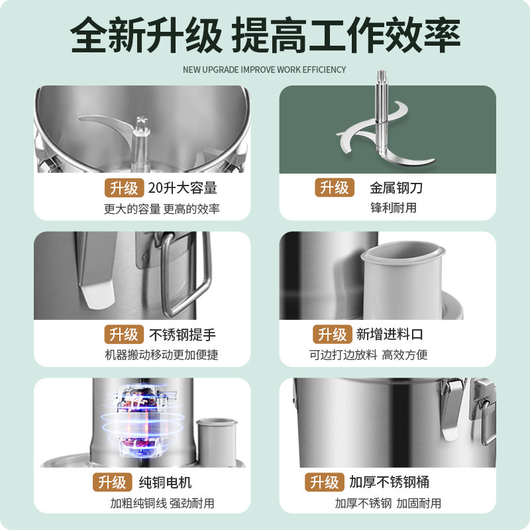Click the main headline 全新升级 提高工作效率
pyautogui.click(x=265, y=34)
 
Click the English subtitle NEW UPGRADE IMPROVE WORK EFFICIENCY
pyautogui.click(x=264, y=70)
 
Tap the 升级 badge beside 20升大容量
pyautogui.click(x=123, y=188)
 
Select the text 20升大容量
pyautogui.click(x=183, y=188)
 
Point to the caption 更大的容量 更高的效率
pyautogui.click(x=162, y=209)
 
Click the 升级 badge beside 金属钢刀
pyautogui.click(x=335, y=188)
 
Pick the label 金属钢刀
pyautogui.click(x=396, y=188)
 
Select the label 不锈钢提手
pyautogui.click(x=183, y=335)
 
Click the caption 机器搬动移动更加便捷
pyautogui.click(x=162, y=355)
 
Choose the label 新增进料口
pyautogui.click(x=390, y=335)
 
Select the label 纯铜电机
pyautogui.click(x=166, y=482)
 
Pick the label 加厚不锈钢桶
pyautogui.click(x=389, y=482)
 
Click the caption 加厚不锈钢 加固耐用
pyautogui.click(x=388, y=503)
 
